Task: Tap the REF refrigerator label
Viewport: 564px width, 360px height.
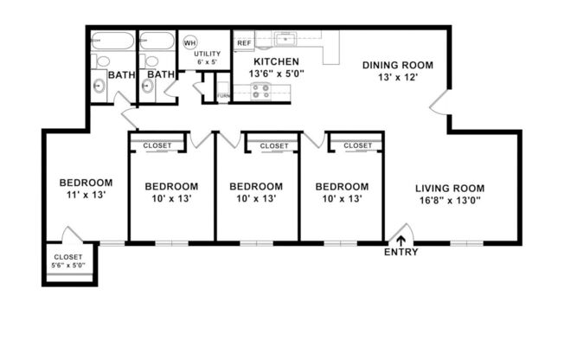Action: coord(243,42)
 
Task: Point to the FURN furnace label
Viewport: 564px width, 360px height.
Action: coord(223,95)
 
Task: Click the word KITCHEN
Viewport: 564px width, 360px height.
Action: coord(277,62)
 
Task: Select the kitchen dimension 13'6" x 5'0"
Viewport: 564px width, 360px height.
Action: coord(279,74)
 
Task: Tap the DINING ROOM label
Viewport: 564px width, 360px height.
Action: coord(397,65)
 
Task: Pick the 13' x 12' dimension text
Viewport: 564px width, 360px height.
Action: coord(397,78)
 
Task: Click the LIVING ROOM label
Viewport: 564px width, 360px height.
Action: coord(449,188)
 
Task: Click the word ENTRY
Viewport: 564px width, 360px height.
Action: coord(401,253)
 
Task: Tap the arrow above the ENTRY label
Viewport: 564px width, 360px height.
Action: coord(401,240)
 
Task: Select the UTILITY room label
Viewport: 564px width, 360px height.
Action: coord(208,54)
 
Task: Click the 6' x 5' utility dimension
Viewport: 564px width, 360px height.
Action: coord(208,62)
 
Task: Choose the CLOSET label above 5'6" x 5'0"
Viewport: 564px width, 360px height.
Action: coord(68,257)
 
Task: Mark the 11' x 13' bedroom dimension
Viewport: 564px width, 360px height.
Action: coord(86,196)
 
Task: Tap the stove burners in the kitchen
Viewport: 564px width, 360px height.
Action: coord(260,91)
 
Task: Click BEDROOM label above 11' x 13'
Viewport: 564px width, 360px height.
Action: coord(86,183)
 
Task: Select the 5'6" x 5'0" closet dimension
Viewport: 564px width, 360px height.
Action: coord(68,266)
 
